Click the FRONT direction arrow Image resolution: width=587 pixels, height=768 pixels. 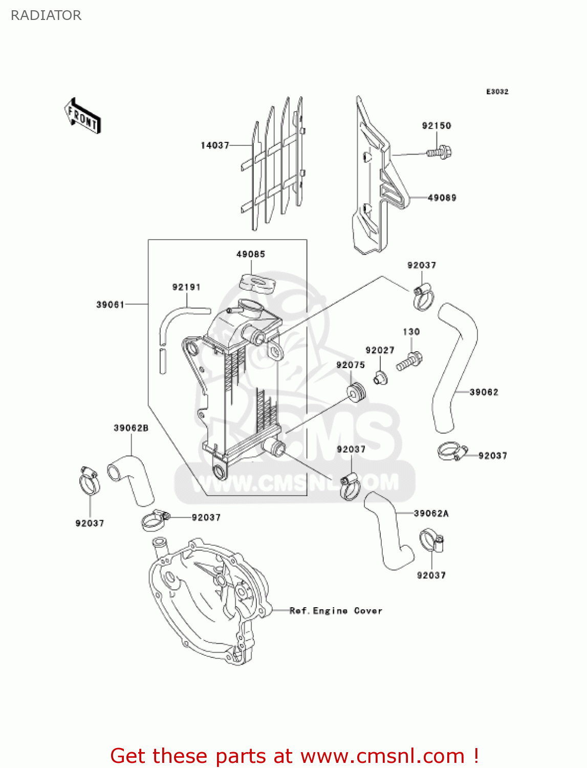tap(82, 116)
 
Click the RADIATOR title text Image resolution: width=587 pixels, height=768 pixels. tap(46, 15)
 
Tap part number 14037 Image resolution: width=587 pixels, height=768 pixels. tap(215, 145)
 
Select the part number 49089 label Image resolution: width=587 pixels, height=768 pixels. tap(442, 198)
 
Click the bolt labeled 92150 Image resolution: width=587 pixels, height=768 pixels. tap(439, 152)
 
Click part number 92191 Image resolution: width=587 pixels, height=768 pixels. tap(186, 287)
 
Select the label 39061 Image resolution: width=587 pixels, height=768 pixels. tap(111, 305)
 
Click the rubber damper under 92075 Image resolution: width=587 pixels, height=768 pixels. tap(356, 392)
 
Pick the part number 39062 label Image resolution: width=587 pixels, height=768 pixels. tap(484, 392)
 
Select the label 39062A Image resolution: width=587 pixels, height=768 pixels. tap(431, 514)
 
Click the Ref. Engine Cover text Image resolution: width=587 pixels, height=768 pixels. tap(336, 611)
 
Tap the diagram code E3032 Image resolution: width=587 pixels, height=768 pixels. tap(497, 92)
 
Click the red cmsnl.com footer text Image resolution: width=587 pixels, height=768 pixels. tap(294, 756)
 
